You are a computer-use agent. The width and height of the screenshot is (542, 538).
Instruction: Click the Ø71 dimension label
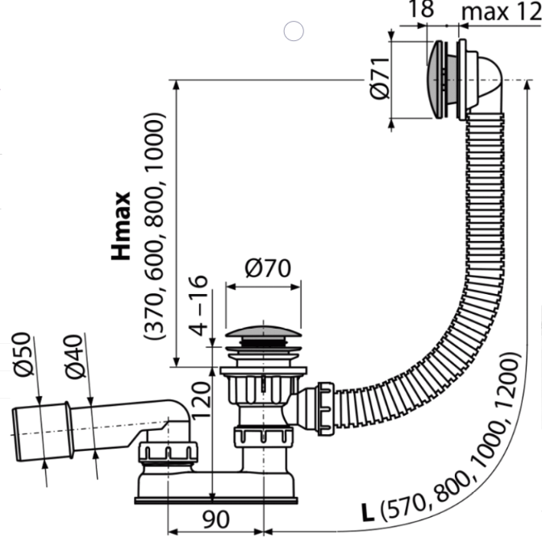379,78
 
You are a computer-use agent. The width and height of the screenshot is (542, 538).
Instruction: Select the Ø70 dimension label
268,268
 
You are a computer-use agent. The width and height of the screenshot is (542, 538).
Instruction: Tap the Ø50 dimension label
23,354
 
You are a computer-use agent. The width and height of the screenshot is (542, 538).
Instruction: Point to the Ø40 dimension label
74,357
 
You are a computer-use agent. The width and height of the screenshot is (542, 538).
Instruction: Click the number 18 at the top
421,9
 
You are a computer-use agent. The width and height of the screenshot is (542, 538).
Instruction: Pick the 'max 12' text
501,12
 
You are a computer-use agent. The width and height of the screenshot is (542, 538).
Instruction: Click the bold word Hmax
121,226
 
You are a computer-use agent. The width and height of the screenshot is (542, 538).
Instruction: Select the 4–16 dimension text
198,306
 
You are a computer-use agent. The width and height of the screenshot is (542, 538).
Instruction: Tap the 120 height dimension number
201,400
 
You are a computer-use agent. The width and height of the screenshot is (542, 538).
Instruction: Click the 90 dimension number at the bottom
215,519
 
